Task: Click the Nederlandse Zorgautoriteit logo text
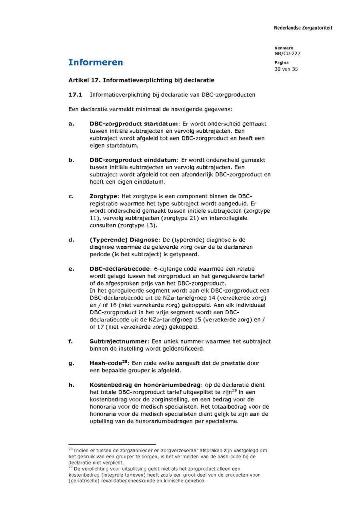(303, 28)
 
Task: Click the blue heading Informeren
(96, 62)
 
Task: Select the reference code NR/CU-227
(287, 54)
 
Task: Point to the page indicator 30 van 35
(286, 69)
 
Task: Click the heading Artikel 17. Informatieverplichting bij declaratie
(141, 80)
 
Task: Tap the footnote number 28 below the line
(70, 449)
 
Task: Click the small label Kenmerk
(284, 48)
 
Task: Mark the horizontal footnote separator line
(112, 444)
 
